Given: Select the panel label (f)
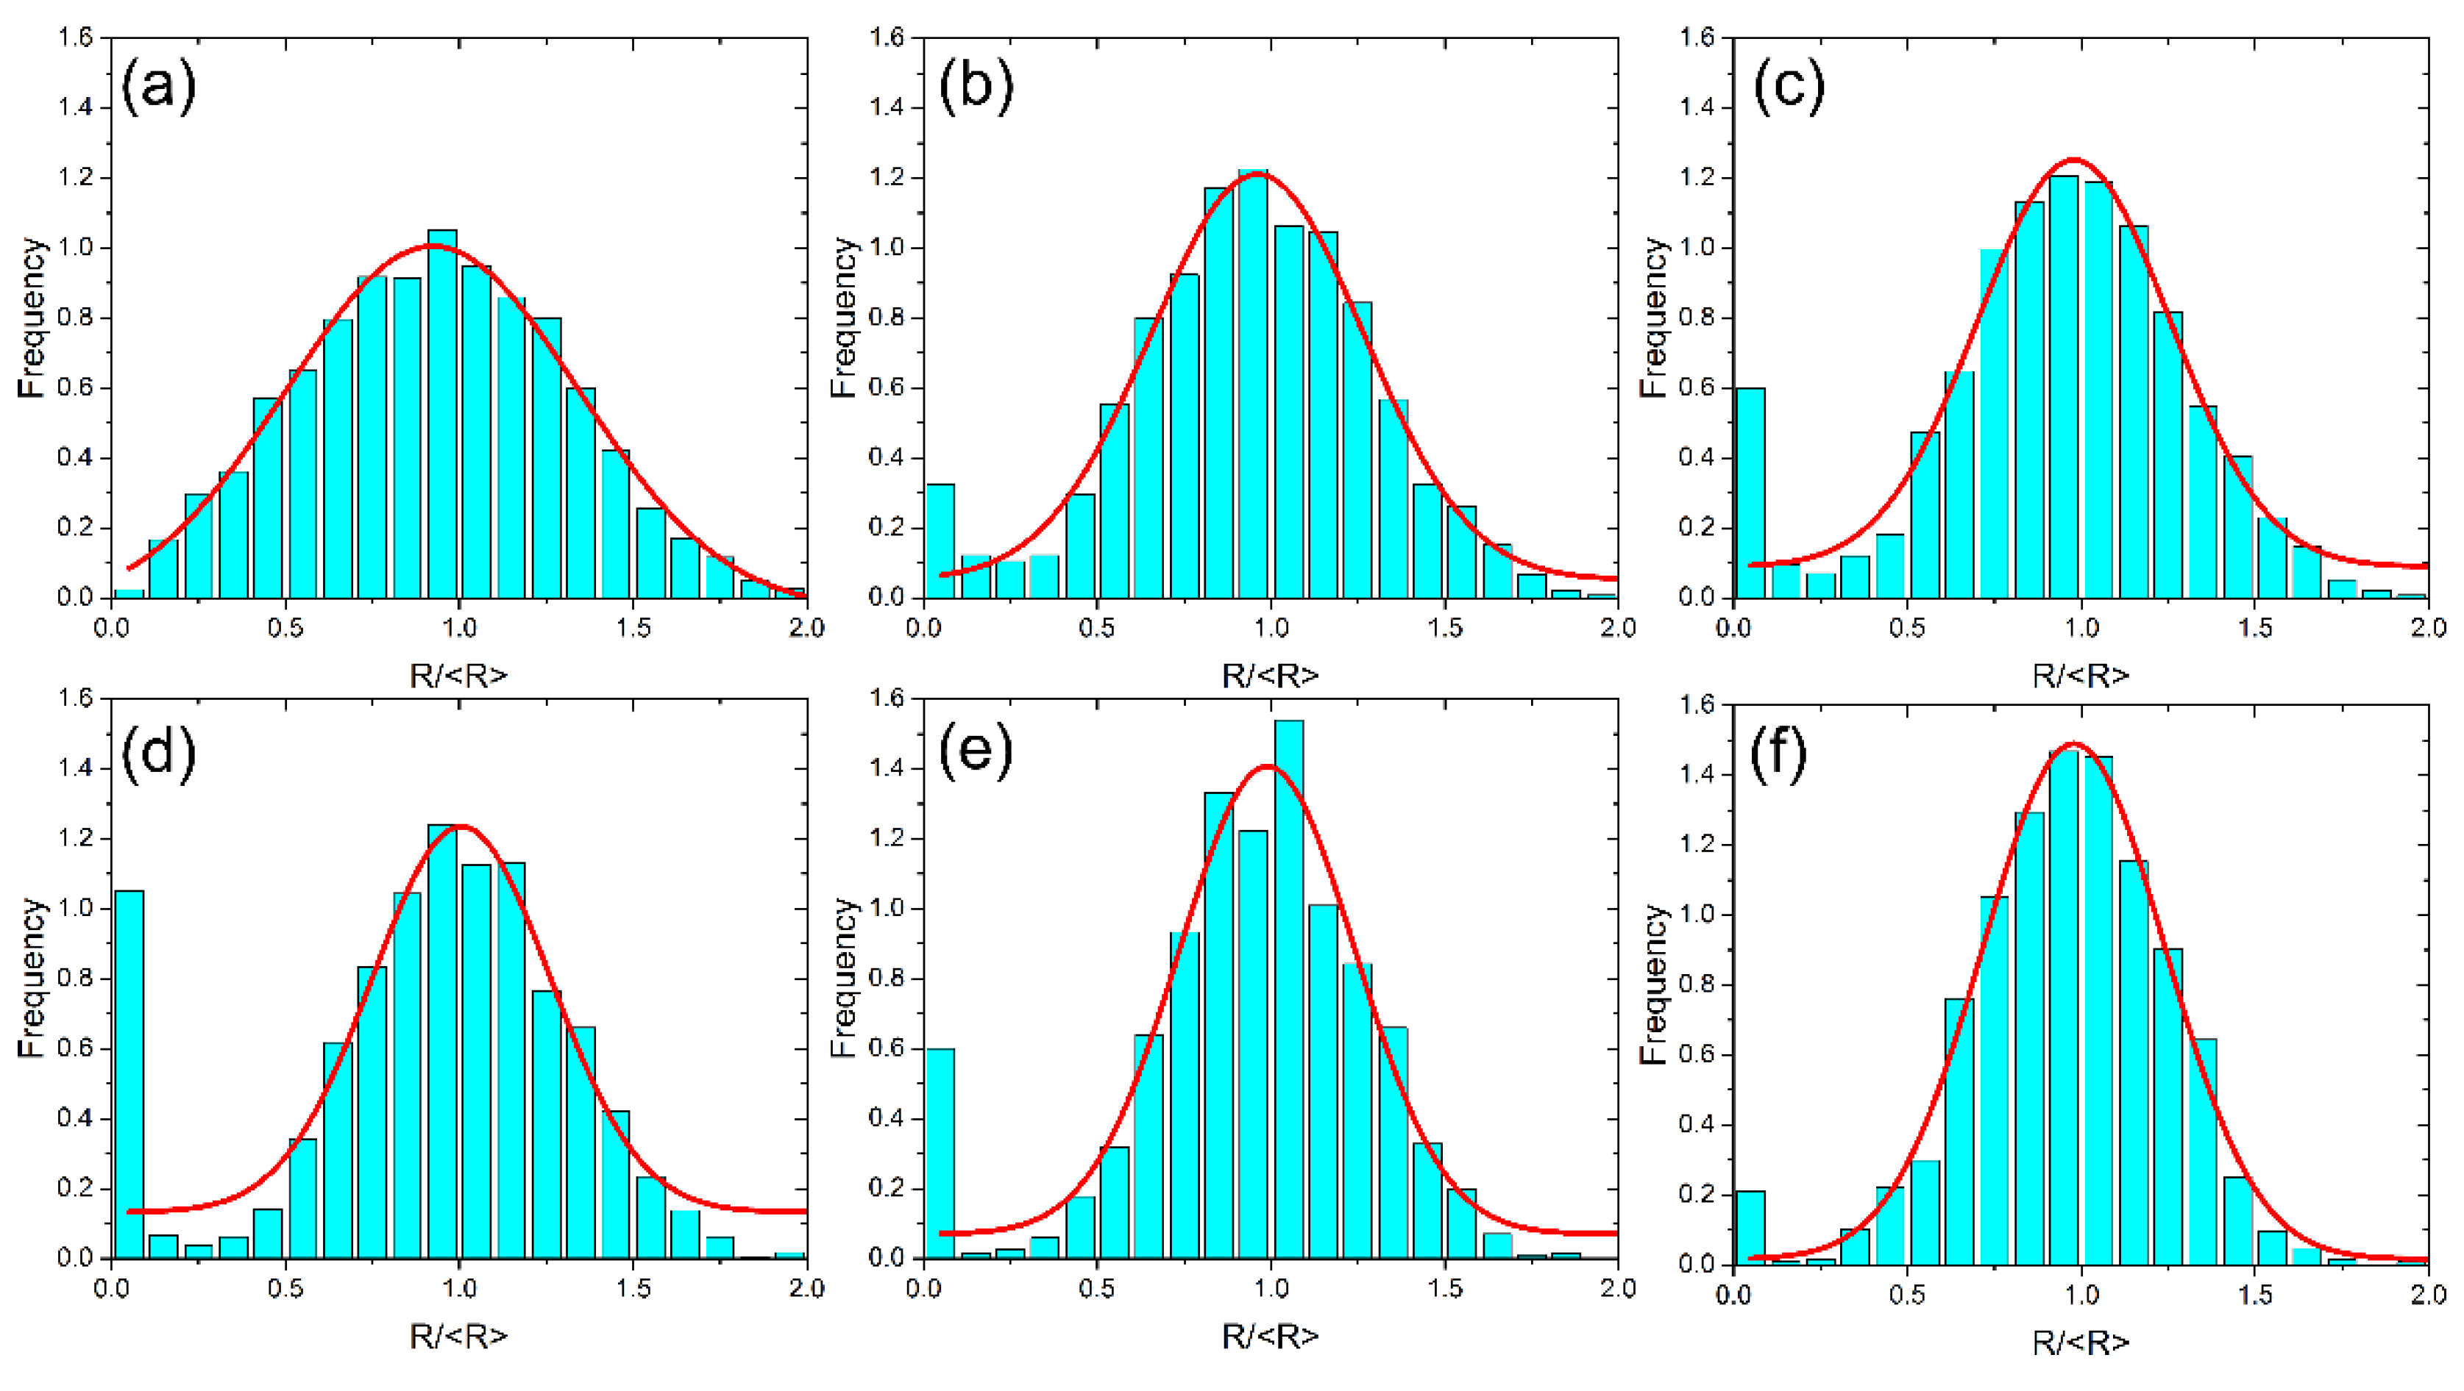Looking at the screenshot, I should (1778, 755).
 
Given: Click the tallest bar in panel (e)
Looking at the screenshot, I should (1288, 989).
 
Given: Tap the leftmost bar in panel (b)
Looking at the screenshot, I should (940, 540).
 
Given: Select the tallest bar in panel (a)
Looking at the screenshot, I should (442, 413).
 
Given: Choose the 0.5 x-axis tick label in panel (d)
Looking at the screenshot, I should (285, 1290).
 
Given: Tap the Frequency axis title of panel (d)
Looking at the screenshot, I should (32, 977).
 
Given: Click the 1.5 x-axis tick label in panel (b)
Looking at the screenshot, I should (1444, 628).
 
